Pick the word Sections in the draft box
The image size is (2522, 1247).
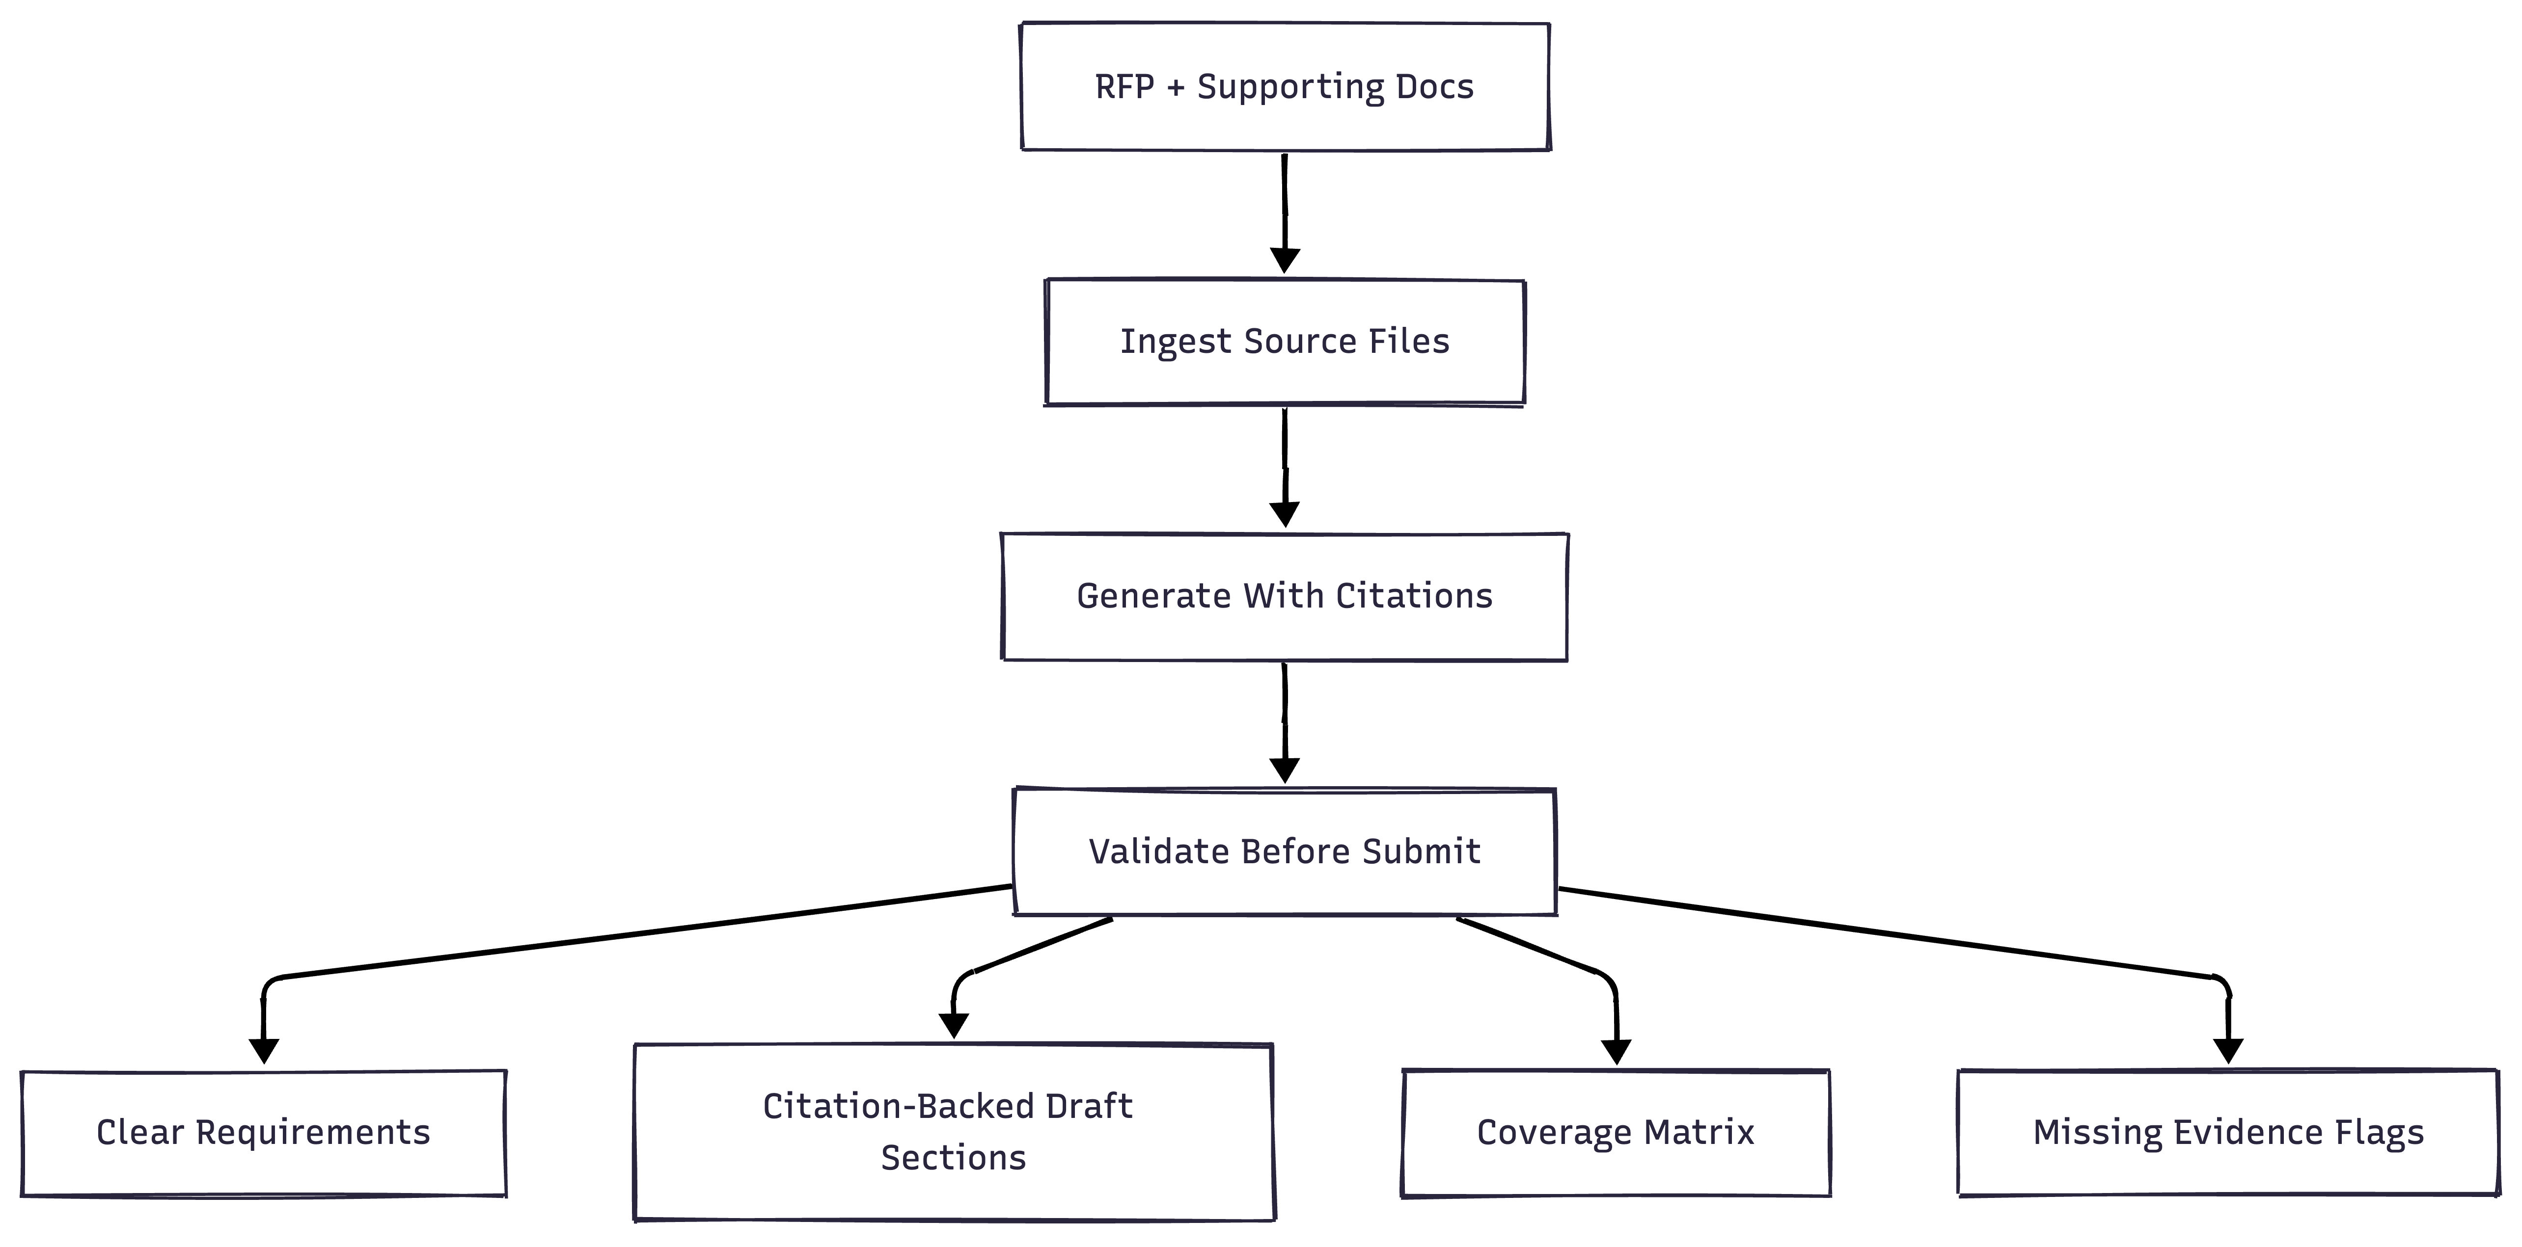pyautogui.click(x=953, y=1158)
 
